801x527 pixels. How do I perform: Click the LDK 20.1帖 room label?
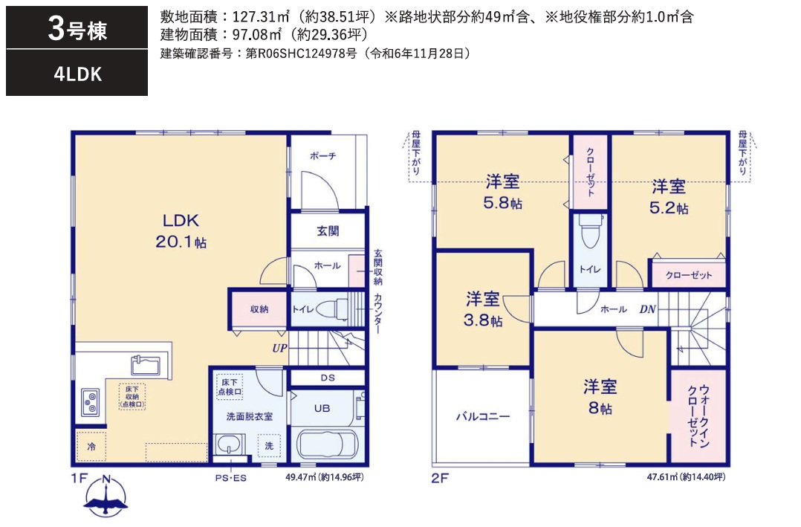181,230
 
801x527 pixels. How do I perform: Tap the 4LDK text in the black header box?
77,74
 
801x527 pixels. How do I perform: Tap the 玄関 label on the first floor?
328,231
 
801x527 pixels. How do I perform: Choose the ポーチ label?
323,156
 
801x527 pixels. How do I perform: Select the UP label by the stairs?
279,346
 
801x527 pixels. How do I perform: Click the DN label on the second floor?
647,309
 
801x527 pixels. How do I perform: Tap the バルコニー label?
482,416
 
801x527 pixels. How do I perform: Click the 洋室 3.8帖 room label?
483,309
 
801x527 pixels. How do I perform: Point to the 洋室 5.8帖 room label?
503,192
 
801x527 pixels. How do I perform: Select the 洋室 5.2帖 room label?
669,196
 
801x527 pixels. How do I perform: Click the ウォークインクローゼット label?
698,416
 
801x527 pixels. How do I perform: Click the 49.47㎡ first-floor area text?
324,476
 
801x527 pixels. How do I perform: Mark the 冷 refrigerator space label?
91,447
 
